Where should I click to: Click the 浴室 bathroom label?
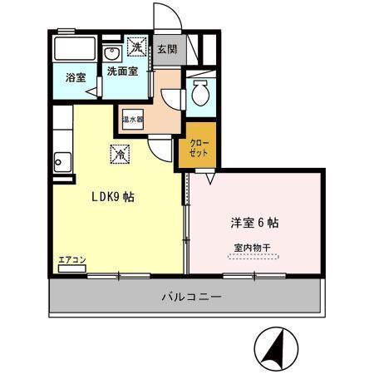76,77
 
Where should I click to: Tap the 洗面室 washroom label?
122,71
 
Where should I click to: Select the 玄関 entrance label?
166,49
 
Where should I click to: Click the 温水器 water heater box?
133,119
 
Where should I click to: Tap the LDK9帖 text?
112,198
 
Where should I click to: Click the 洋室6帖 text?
253,223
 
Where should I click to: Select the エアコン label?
71,260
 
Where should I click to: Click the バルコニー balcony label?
186,298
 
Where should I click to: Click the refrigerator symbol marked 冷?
120,153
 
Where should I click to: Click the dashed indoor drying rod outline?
253,257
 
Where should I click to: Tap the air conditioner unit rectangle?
71,268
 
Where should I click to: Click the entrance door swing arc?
166,18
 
